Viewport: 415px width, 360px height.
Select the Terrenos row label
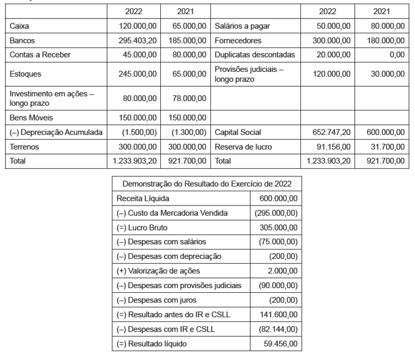(26, 146)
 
